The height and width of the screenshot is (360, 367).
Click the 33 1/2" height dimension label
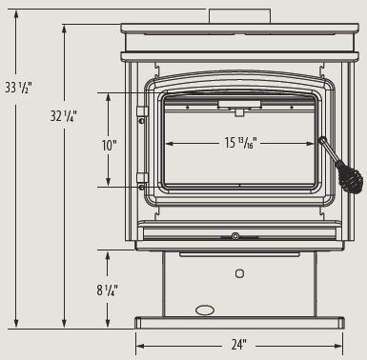[x=18, y=87]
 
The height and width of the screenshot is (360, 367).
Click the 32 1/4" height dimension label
[x=64, y=116]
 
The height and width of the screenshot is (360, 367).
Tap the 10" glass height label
[x=110, y=146]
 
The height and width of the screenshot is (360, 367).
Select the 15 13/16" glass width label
[x=241, y=143]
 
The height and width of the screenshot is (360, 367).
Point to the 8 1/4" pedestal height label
[x=108, y=290]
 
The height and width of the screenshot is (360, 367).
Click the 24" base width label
[x=238, y=345]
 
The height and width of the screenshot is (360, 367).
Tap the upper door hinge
[x=142, y=111]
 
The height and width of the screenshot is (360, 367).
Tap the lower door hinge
[x=142, y=178]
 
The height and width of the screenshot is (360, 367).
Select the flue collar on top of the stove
[x=239, y=16]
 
